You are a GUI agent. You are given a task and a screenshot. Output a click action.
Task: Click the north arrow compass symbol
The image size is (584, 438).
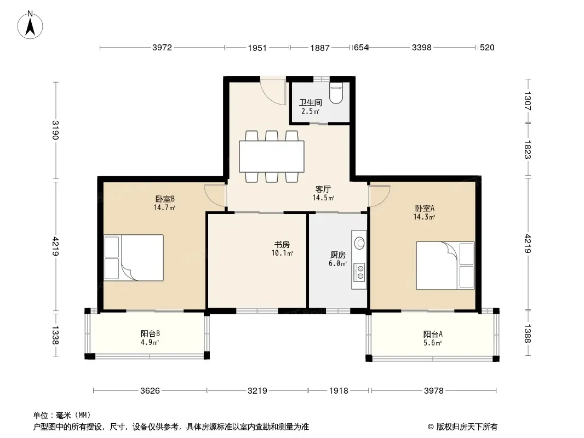[30, 25]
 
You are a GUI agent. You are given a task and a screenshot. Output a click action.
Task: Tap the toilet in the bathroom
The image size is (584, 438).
[336, 93]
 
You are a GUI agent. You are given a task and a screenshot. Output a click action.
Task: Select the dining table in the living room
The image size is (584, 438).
[272, 156]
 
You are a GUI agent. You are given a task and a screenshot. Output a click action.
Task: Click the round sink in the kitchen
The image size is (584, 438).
[359, 243]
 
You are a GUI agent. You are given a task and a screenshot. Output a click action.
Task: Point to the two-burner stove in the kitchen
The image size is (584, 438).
[360, 272]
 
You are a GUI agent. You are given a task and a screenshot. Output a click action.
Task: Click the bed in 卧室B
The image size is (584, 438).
[134, 257]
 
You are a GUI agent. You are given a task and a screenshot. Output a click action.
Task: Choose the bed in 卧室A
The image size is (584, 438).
[445, 266]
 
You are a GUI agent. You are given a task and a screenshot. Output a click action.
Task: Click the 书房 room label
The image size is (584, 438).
[282, 245]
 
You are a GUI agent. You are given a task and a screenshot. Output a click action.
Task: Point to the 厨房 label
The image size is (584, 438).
[338, 255]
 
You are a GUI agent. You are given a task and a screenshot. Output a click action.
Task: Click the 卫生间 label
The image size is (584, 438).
[310, 102]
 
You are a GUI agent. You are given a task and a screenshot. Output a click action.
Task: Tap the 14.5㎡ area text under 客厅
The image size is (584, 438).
[323, 198]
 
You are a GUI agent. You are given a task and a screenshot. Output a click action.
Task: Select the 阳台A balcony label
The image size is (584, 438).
[433, 334]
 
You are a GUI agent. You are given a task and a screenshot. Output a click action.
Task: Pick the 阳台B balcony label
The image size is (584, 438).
[150, 333]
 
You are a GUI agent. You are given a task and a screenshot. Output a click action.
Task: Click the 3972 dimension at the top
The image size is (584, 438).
[162, 47]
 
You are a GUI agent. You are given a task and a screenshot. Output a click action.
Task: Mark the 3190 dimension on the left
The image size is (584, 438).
[55, 130]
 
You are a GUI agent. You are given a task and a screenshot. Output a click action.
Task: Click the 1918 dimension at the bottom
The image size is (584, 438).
[339, 390]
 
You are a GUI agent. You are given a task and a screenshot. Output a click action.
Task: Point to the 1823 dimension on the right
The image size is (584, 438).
[528, 149]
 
